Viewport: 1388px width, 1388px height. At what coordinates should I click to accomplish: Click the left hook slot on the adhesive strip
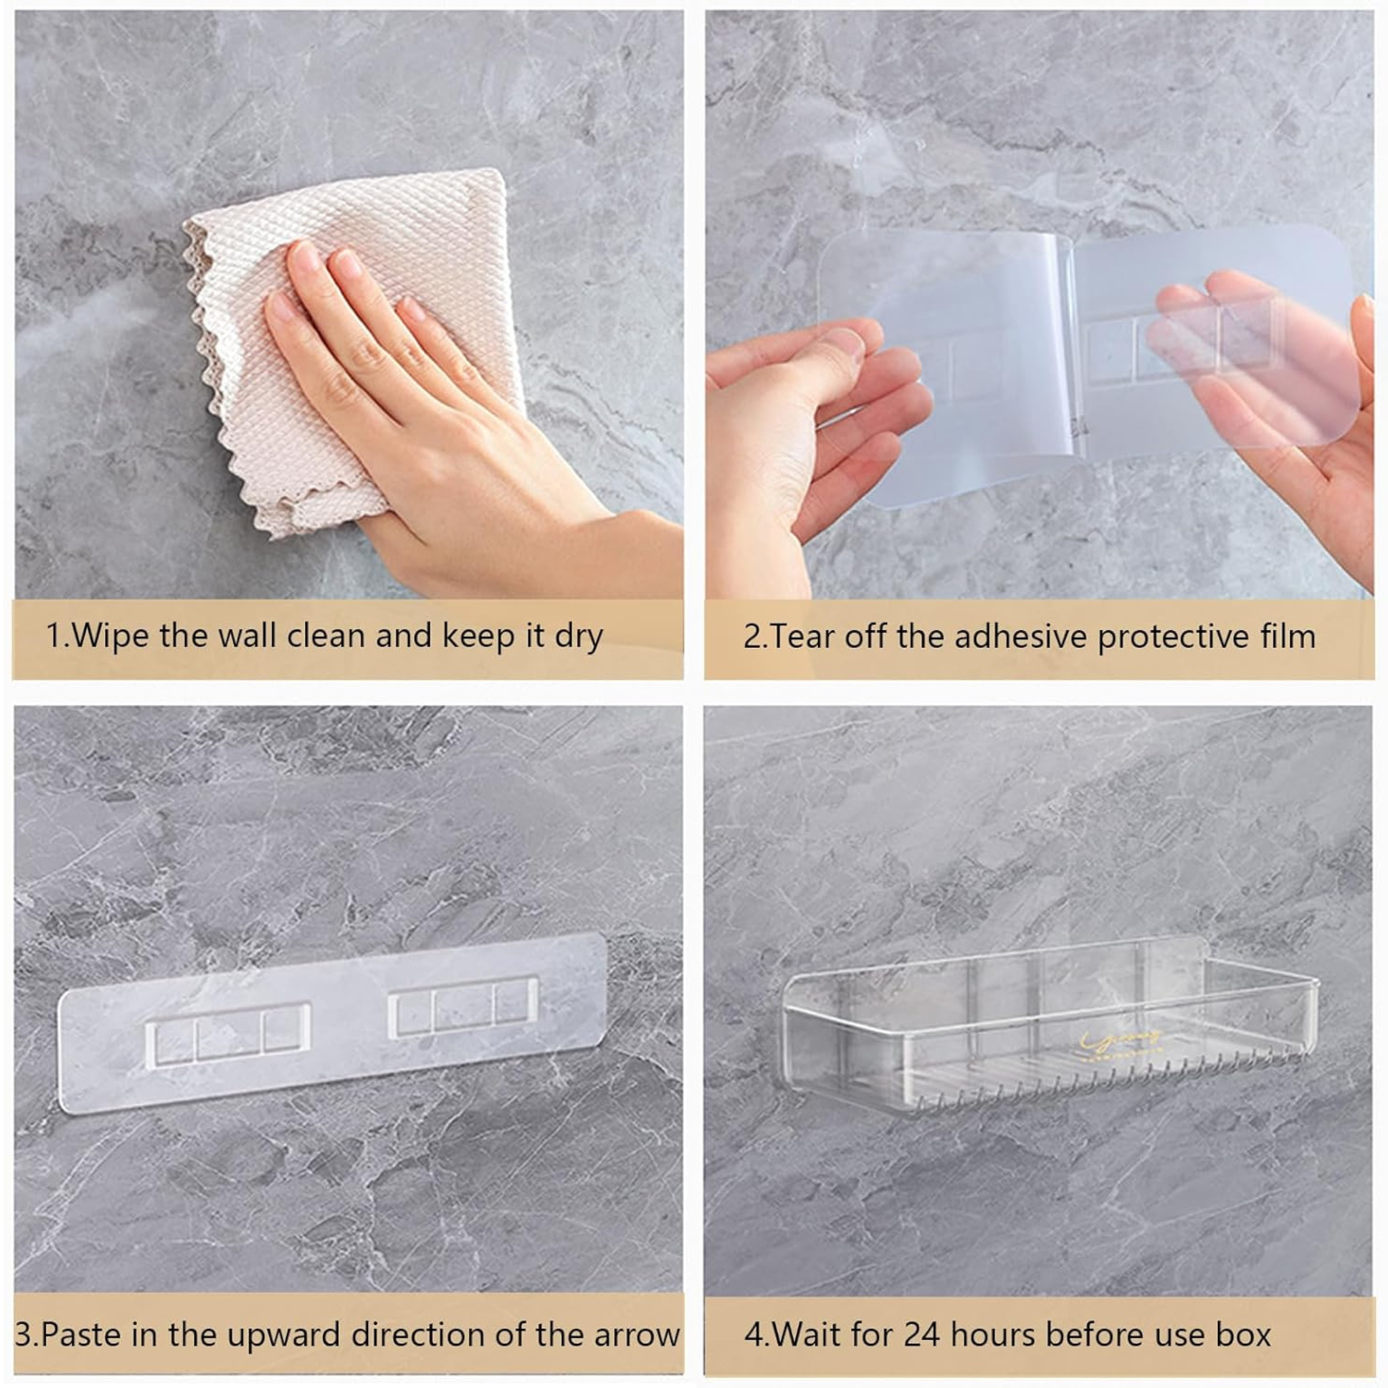228,1034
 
